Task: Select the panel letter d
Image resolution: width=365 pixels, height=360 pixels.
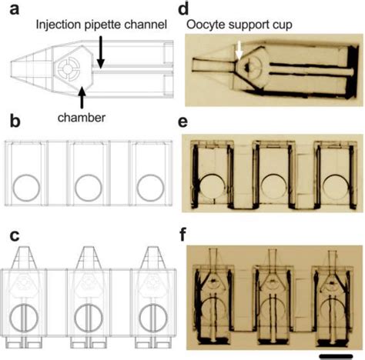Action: point(182,10)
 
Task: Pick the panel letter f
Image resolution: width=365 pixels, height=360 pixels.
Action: point(182,237)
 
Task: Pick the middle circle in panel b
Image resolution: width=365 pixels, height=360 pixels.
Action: point(89,185)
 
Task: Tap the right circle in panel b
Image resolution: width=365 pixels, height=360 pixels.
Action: point(149,185)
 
